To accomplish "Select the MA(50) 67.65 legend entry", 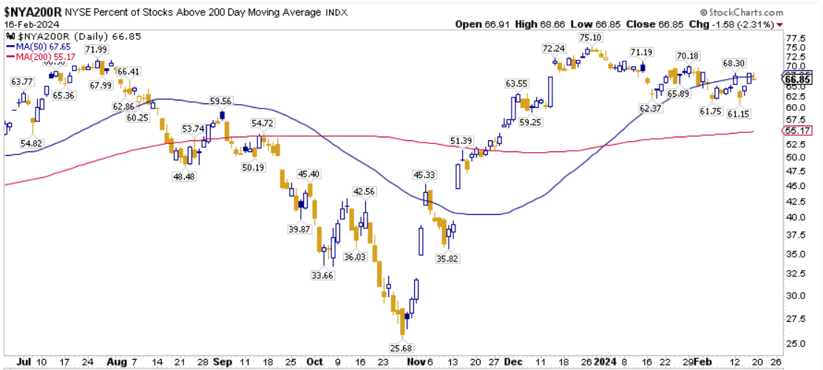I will pyautogui.click(x=38, y=46).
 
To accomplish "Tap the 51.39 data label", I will pyautogui.click(x=461, y=141).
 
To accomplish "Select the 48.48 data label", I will pyautogui.click(x=183, y=177).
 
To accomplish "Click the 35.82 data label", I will pyautogui.click(x=446, y=258).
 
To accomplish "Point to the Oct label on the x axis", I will pyautogui.click(x=314, y=363).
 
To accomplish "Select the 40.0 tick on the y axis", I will pyautogui.click(x=794, y=217).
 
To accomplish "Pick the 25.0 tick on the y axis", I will pyautogui.click(x=794, y=344).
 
